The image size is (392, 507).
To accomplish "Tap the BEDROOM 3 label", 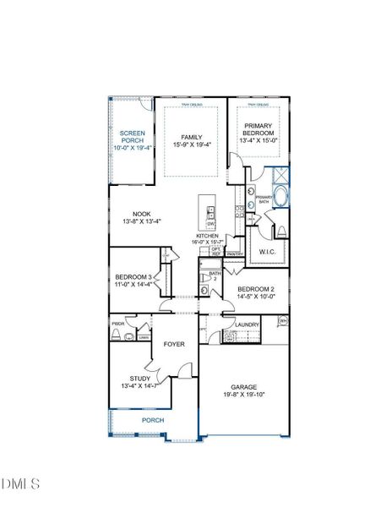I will pyautogui.click(x=134, y=277).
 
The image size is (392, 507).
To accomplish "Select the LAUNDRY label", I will pyautogui.click(x=247, y=324).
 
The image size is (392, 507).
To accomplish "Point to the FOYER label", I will pyautogui.click(x=174, y=344).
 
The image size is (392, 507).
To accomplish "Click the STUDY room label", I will pyautogui.click(x=140, y=379).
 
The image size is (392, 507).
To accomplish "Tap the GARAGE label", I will pyautogui.click(x=243, y=386).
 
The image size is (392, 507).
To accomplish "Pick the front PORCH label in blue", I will pyautogui.click(x=153, y=420).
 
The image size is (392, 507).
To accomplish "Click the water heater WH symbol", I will pyautogui.click(x=283, y=321).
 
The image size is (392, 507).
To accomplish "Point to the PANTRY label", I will pyautogui.click(x=235, y=253).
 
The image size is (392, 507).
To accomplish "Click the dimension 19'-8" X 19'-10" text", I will pyautogui.click(x=243, y=394).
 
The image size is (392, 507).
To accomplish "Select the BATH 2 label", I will pyautogui.click(x=215, y=275).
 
